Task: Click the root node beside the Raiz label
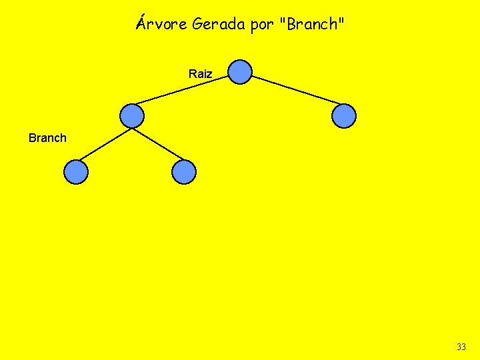pyautogui.click(x=240, y=72)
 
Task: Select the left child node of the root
pyautogui.click(x=132, y=116)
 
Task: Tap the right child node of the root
pyautogui.click(x=344, y=116)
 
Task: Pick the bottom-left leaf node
pyautogui.click(x=76, y=172)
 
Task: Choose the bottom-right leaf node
pyautogui.click(x=184, y=172)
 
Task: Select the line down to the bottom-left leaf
pyautogui.click(x=103, y=145)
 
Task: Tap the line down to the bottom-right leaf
pyautogui.click(x=159, y=145)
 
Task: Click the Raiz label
pyautogui.click(x=200, y=74)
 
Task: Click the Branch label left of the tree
pyautogui.click(x=47, y=138)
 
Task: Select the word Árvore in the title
pyautogui.click(x=161, y=25)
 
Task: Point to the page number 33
pyautogui.click(x=461, y=347)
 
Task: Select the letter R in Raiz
pyautogui.click(x=193, y=74)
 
